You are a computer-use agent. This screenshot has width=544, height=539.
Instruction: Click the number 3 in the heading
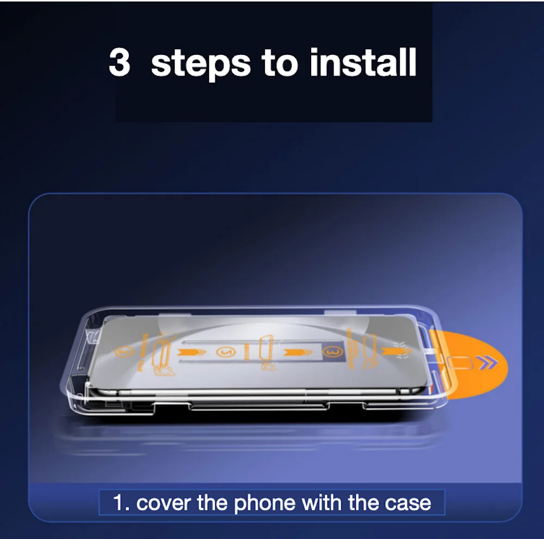(119, 62)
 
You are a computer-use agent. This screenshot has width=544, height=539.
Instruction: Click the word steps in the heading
(201, 65)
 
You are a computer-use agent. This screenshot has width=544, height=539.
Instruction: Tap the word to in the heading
(280, 62)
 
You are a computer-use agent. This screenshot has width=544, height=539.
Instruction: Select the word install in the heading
(363, 62)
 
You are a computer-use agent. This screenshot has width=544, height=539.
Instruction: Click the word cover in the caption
(163, 503)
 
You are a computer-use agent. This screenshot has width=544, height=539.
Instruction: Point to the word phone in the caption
(264, 504)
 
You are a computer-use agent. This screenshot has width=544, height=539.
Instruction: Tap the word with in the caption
(322, 502)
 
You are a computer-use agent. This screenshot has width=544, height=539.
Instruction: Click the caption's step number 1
(120, 503)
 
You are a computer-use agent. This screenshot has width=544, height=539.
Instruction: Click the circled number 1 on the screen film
(124, 352)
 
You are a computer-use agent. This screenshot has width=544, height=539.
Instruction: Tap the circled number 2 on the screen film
(226, 352)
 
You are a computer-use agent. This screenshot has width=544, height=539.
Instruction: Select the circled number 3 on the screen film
(332, 352)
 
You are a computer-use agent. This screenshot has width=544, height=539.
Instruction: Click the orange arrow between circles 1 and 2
(192, 353)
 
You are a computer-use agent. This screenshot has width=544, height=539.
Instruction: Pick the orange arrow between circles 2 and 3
(298, 353)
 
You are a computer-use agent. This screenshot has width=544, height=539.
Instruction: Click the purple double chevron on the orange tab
(488, 362)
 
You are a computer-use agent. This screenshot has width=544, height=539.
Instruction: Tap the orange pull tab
(472, 363)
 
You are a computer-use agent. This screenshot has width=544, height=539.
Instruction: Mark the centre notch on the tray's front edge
(259, 406)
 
